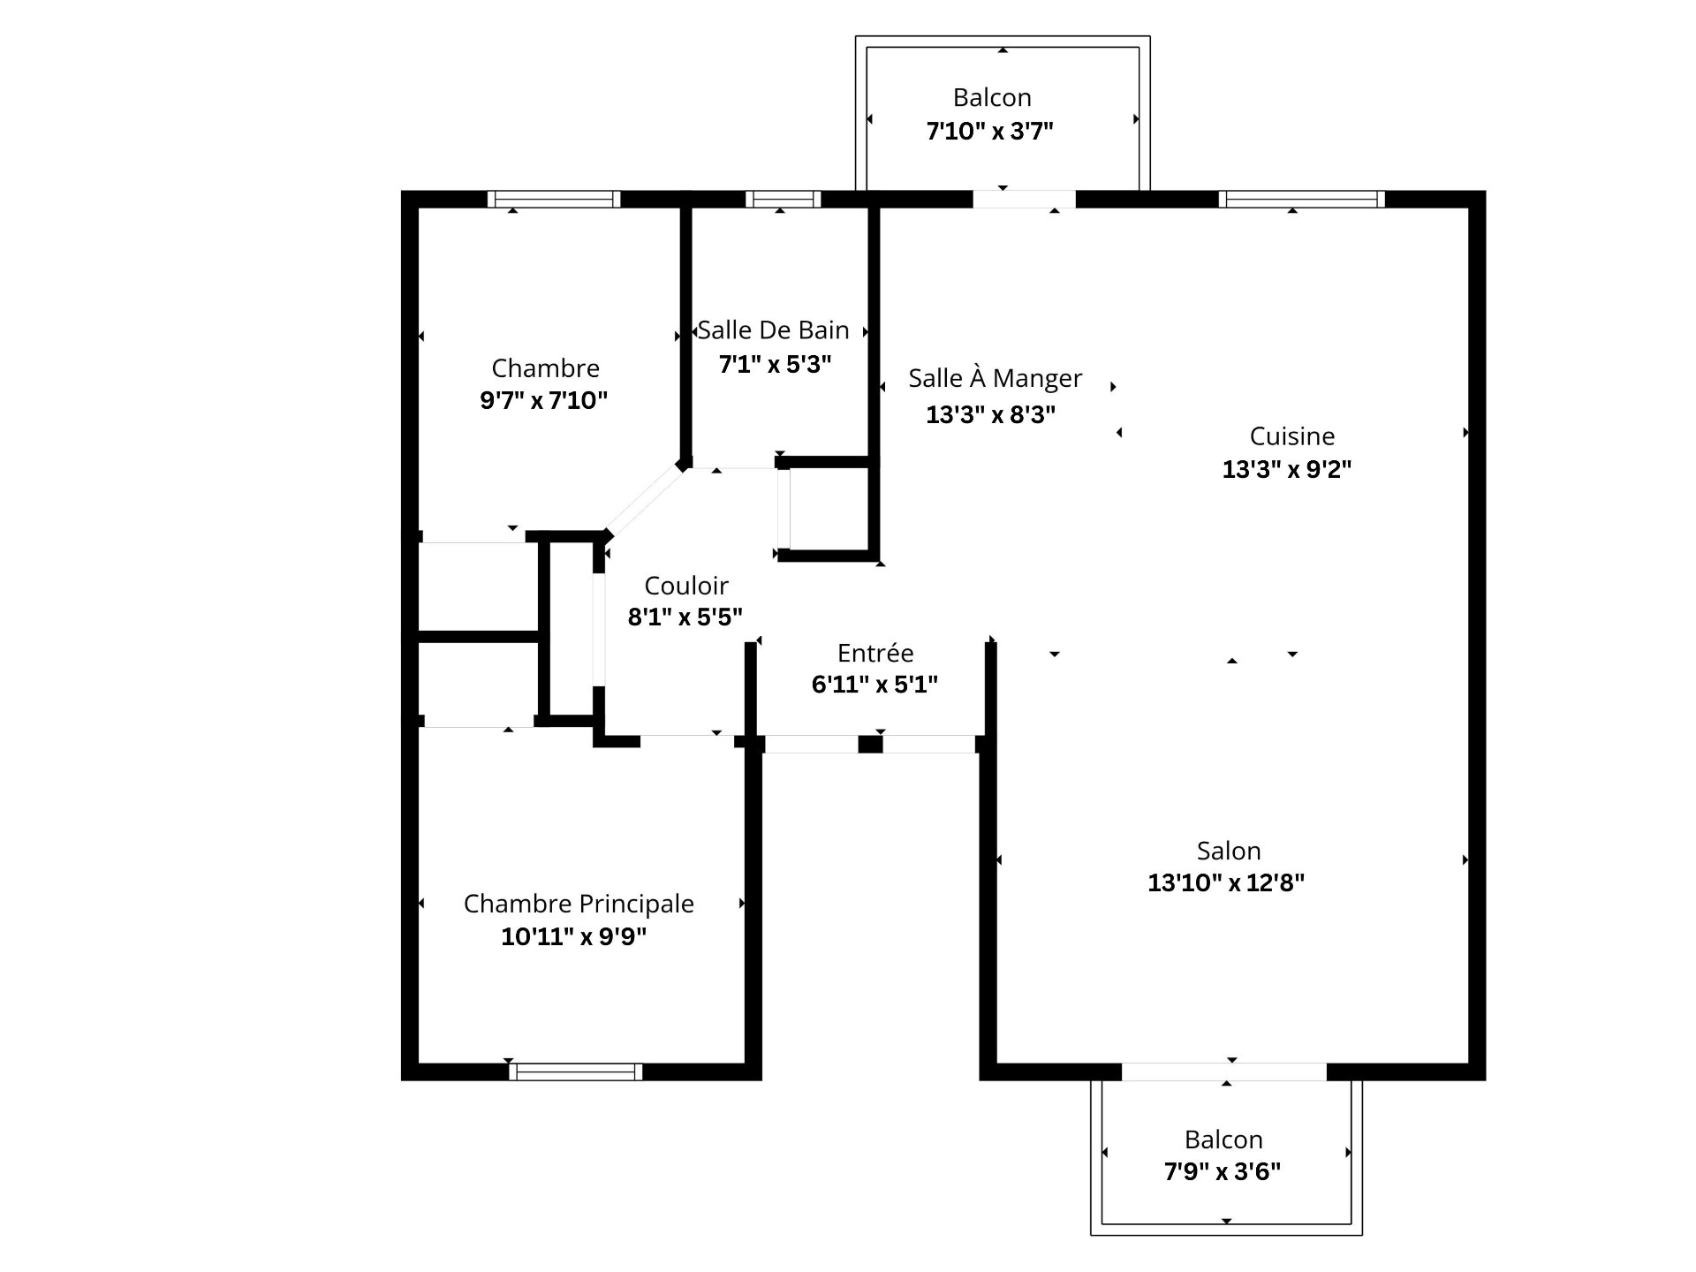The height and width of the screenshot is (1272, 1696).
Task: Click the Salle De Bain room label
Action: tap(773, 330)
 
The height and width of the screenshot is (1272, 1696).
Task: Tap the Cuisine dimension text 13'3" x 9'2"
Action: tap(1286, 469)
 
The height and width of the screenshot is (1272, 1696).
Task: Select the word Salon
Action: tap(1228, 851)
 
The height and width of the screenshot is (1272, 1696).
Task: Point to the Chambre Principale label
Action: tap(579, 904)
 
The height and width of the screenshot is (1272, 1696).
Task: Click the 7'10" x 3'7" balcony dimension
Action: tap(989, 132)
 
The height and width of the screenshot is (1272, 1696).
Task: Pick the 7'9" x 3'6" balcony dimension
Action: tap(1222, 1171)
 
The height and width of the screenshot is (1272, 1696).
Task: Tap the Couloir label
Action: tap(686, 586)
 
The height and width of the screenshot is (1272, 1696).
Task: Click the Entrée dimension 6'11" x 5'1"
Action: tap(874, 684)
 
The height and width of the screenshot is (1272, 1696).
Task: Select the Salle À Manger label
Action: tap(995, 378)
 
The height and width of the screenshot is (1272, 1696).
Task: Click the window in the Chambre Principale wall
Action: tap(576, 1071)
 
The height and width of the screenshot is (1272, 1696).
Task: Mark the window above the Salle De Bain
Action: tap(783, 200)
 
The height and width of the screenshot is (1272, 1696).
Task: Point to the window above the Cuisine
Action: tap(1301, 200)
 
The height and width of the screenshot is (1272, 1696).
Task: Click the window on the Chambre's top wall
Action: tap(554, 200)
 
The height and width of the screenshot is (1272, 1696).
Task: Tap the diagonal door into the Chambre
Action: tap(646, 501)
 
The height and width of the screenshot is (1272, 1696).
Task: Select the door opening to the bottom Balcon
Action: tap(1223, 1071)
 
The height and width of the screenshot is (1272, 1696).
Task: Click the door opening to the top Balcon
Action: tap(1024, 200)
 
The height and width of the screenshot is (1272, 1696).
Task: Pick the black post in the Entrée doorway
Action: tap(870, 744)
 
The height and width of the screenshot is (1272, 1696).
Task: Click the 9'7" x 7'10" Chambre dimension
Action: tap(543, 401)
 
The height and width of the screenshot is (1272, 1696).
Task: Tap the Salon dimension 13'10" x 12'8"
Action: tap(1225, 882)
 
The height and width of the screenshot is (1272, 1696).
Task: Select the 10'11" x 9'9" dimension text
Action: tap(573, 936)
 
